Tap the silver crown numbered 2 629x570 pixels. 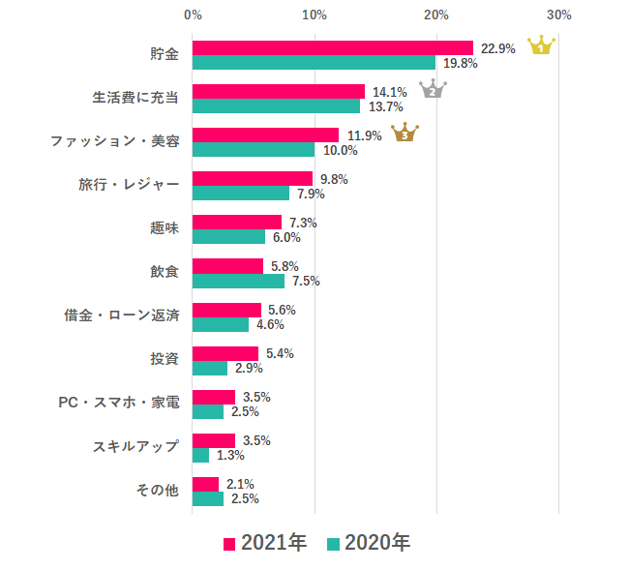click(433, 89)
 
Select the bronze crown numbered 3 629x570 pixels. click(404, 133)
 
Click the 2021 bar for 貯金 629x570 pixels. click(333, 48)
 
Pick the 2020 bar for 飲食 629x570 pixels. click(238, 281)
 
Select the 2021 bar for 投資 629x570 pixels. click(225, 353)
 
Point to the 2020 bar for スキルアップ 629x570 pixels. click(200, 455)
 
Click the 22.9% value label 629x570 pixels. click(498, 48)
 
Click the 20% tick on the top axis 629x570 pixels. click(436, 15)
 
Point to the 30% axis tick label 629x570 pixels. click(558, 15)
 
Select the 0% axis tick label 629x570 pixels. click(193, 15)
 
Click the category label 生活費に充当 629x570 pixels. click(135, 98)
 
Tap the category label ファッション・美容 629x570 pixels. click(114, 141)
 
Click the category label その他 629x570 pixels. click(158, 491)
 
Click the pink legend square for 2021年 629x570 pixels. click(229, 544)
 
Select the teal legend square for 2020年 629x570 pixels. click(334, 544)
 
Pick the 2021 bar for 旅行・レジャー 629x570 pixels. click(253, 179)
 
